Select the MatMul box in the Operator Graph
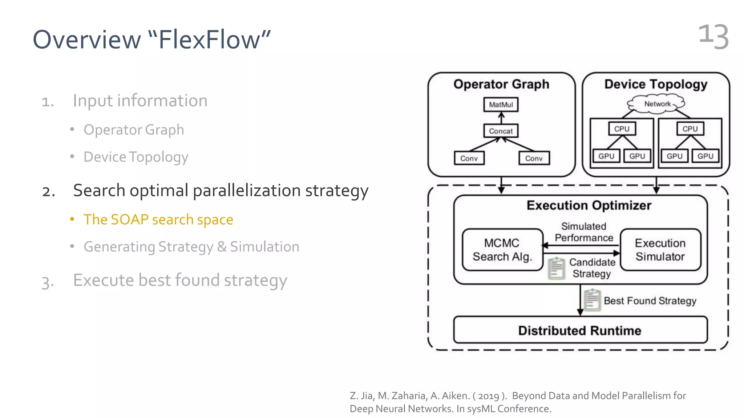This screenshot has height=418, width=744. tap(501, 104)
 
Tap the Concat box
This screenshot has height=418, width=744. tap(501, 131)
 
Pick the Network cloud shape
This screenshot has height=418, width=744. tap(657, 104)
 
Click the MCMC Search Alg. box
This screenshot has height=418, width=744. tap(502, 250)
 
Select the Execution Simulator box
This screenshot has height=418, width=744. tap(660, 250)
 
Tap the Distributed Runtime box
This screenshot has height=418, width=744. tap(580, 330)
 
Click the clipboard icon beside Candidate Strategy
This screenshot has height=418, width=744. tap(556, 269)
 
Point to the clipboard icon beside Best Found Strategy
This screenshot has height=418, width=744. tap(592, 300)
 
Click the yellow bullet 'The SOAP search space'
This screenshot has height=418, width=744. tap(158, 220)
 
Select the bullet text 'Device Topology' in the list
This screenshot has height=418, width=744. tap(136, 157)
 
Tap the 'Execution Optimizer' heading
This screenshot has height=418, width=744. tap(589, 205)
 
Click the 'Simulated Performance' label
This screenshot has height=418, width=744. tap(583, 232)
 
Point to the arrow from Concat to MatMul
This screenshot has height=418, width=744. tap(501, 118)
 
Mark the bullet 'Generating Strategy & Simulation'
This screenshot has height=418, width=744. tap(191, 247)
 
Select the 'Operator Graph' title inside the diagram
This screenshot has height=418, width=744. tap(501, 84)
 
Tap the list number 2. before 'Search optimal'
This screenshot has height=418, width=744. tap(49, 191)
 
